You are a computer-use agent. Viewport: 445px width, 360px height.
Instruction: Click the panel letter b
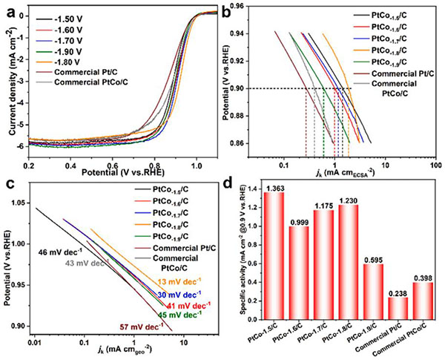point(231,10)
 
